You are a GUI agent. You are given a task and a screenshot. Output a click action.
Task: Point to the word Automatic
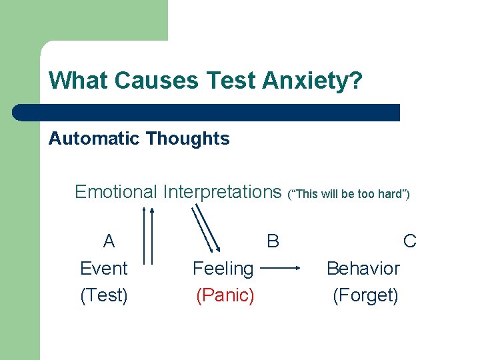click(94, 139)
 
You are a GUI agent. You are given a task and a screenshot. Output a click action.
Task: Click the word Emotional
click(115, 192)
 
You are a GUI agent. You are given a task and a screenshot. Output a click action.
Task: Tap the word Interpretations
click(222, 192)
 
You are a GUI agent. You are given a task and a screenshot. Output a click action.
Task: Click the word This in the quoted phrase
click(305, 195)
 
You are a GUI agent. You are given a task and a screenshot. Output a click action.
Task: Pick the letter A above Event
click(109, 241)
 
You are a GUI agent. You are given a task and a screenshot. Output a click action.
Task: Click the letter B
click(273, 241)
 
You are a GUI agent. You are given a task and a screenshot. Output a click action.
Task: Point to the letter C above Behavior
click(410, 241)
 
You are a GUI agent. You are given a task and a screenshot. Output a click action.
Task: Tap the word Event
click(103, 269)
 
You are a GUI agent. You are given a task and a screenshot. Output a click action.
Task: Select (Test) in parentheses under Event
click(103, 295)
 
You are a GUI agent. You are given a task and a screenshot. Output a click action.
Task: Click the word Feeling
click(223, 269)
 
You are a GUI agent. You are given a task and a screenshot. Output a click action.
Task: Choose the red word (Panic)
click(225, 295)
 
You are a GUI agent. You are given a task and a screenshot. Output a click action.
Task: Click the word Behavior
click(363, 269)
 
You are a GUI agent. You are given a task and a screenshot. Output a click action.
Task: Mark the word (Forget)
click(365, 295)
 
